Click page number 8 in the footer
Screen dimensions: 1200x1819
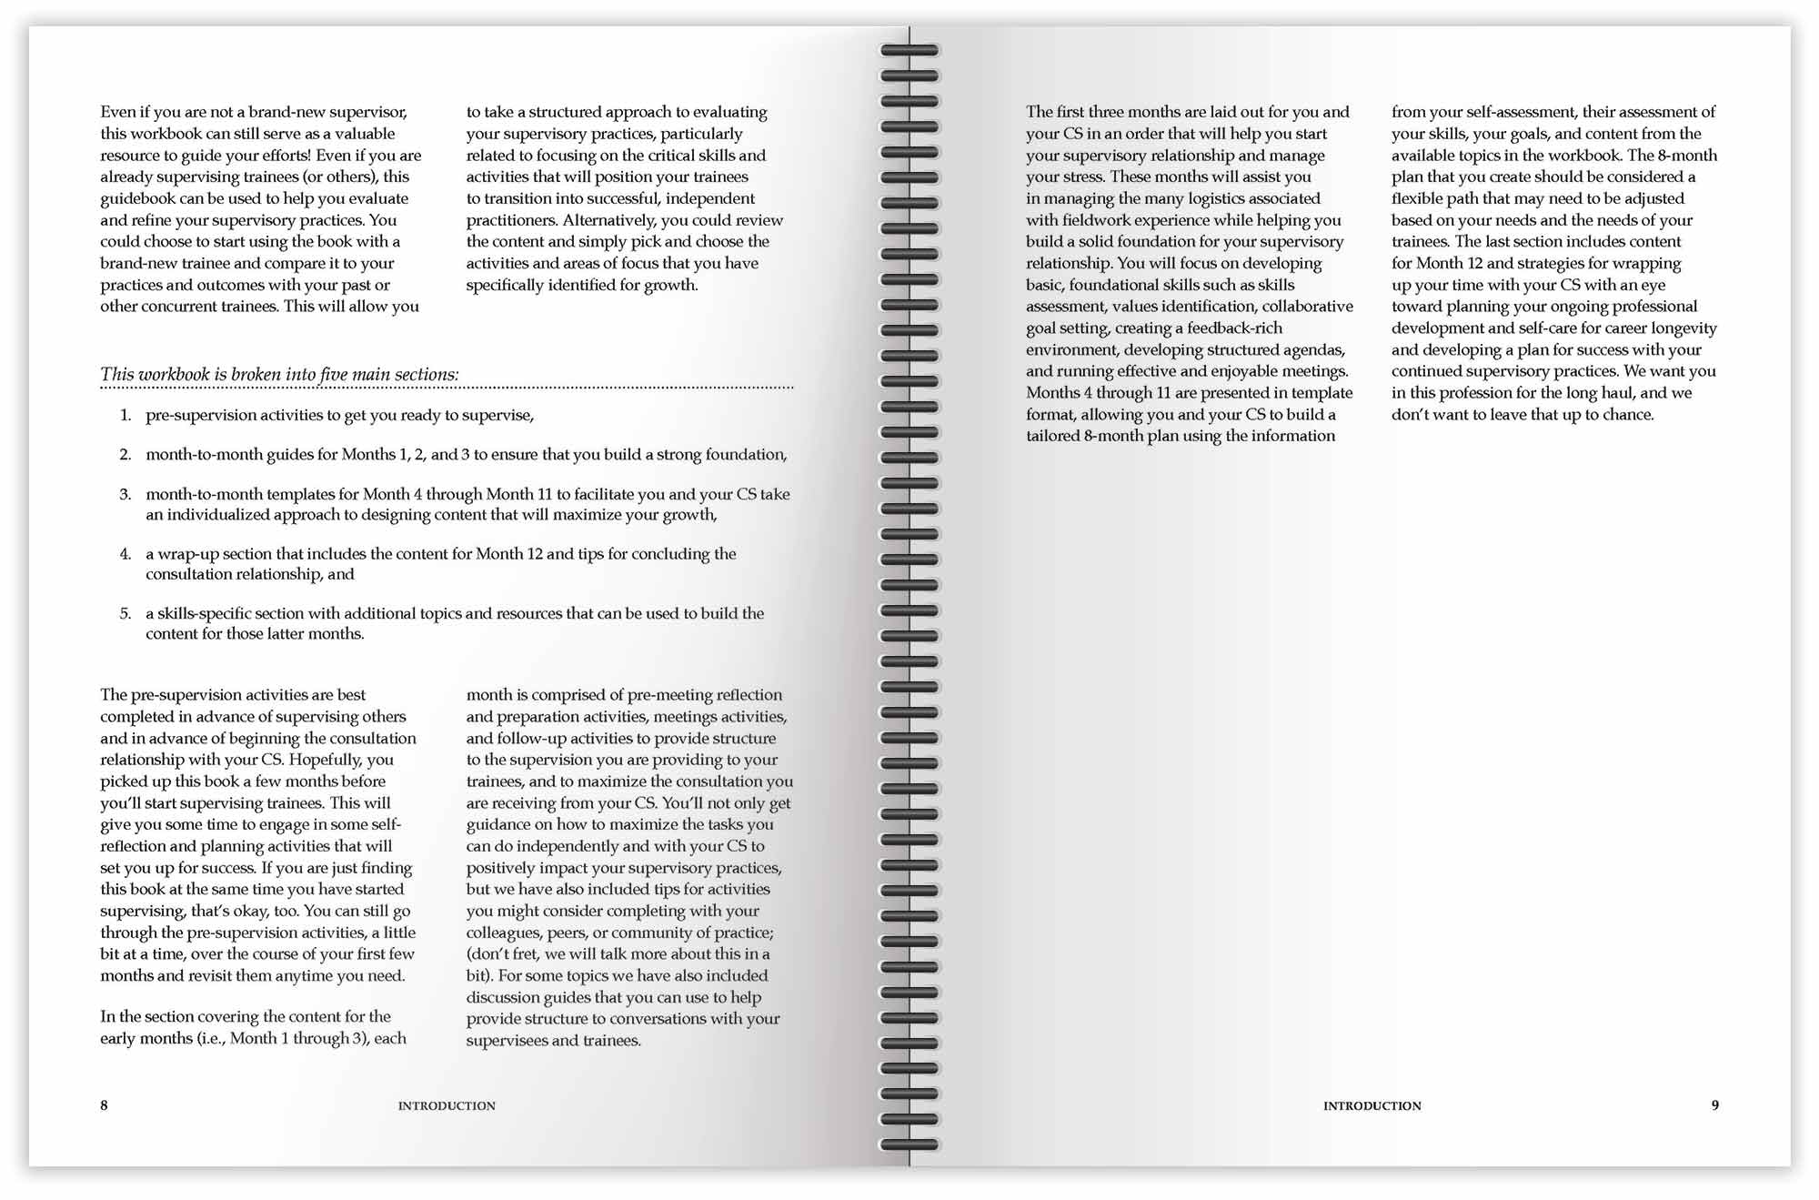click(104, 1105)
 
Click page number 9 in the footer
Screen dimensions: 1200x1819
click(1715, 1105)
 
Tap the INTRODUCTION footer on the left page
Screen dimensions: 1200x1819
click(447, 1106)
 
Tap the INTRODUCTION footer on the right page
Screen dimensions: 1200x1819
click(1372, 1106)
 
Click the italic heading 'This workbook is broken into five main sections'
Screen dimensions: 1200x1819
click(279, 375)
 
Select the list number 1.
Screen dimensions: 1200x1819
click(126, 416)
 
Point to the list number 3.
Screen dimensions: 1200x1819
click(126, 495)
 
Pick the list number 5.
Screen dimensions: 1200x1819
click(126, 614)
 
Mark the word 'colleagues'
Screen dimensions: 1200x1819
click(505, 933)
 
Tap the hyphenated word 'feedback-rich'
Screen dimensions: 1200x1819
click(1234, 328)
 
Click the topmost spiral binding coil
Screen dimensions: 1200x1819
click(909, 51)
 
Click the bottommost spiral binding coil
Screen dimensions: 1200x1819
click(909, 1145)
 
